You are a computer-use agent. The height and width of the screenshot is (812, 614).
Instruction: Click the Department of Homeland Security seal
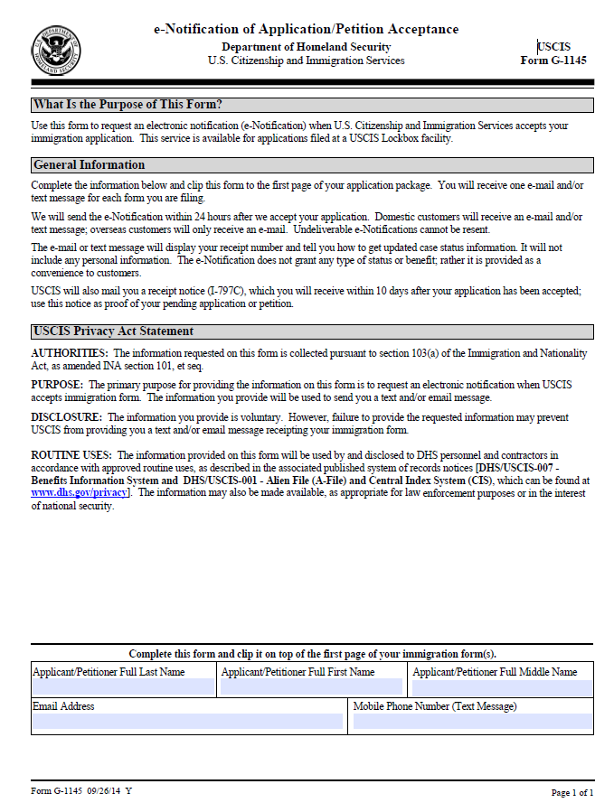(56, 51)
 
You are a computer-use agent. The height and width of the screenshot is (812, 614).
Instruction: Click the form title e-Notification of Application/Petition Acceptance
(306, 30)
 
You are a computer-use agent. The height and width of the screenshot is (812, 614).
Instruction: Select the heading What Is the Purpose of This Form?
(128, 105)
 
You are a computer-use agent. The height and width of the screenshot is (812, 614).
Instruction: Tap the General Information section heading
(89, 165)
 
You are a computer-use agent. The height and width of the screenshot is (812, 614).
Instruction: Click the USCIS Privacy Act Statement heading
(113, 331)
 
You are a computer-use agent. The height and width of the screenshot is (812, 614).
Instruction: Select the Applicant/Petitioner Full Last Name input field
(124, 687)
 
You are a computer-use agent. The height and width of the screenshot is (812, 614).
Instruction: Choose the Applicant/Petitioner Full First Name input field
(311, 687)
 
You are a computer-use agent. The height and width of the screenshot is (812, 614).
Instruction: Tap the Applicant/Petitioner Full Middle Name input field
(502, 687)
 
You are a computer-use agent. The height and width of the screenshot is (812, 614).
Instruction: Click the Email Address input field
(188, 722)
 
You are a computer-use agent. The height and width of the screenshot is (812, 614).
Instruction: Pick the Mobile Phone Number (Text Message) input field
(472, 722)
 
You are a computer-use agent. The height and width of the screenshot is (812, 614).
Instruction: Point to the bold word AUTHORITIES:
(70, 353)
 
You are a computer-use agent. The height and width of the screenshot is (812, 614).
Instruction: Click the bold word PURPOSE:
(57, 385)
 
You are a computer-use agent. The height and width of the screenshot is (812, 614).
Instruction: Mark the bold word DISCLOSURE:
(66, 417)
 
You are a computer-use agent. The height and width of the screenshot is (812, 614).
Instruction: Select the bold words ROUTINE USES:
(71, 455)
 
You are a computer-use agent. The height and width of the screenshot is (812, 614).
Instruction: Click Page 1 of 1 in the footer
(572, 793)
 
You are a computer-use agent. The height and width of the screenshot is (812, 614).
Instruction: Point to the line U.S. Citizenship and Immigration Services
(306, 61)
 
